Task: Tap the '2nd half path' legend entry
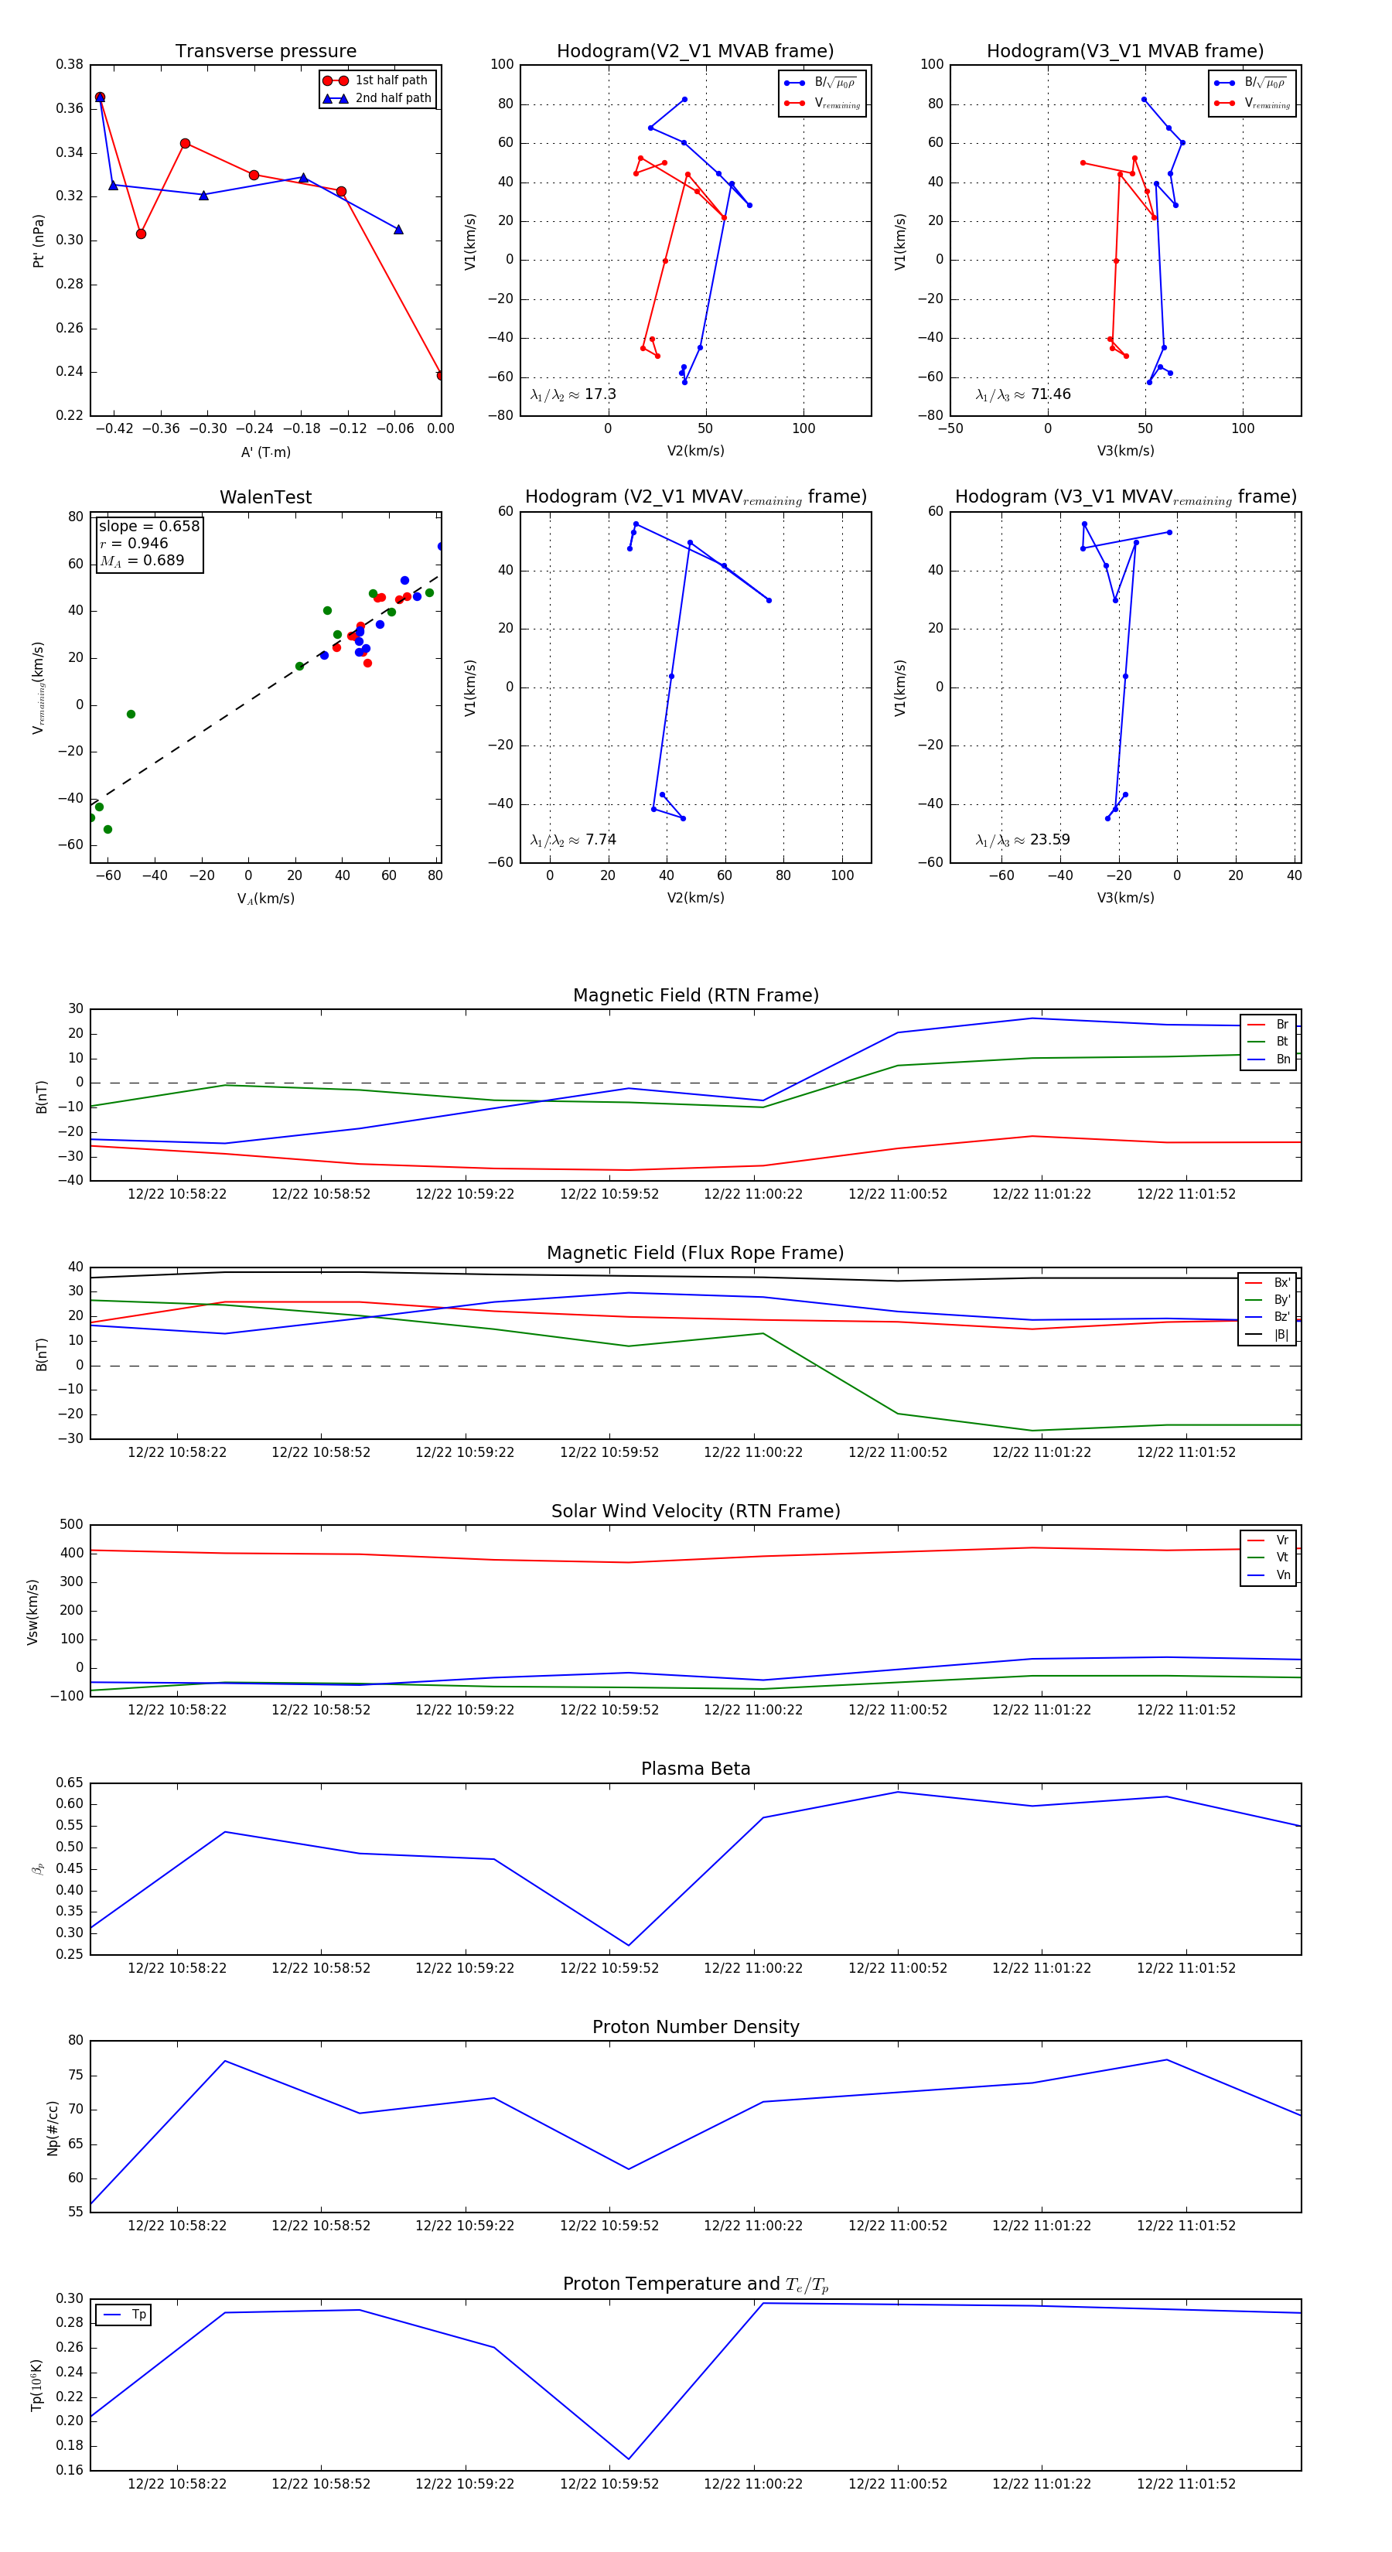pos(392,98)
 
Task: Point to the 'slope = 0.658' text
pos(148,526)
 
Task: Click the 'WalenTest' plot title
pos(265,497)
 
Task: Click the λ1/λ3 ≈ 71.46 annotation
pos(1022,394)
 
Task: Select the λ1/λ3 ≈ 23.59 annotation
pos(1022,840)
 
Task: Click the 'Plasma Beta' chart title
pos(695,1769)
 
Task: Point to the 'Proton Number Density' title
pos(695,2027)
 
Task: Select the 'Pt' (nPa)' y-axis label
pos(39,241)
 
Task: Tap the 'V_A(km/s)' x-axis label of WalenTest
pos(265,899)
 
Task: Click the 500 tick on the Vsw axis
pos(71,1525)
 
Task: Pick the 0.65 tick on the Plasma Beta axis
pos(70,1783)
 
